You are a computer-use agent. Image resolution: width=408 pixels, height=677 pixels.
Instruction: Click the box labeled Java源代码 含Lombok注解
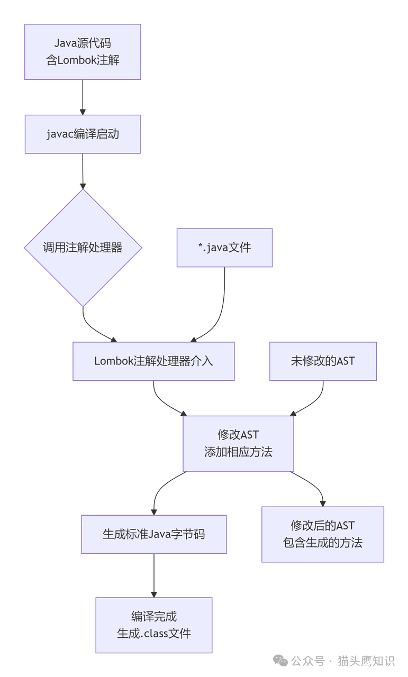83,52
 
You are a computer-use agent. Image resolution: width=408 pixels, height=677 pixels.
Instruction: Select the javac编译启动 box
83,134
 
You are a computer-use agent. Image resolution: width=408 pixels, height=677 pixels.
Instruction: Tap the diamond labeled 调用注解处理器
83,248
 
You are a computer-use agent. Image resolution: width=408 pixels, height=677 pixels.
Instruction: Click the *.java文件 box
224,248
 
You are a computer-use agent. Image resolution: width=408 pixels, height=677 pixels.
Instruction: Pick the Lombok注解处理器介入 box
153,361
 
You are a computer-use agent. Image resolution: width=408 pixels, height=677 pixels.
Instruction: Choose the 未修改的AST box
323,361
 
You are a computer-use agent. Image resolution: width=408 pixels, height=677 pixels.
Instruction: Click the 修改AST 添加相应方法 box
238,443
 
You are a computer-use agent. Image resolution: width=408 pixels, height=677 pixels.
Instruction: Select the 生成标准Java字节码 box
154,534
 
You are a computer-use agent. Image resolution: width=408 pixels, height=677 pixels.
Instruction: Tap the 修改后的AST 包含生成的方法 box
323,534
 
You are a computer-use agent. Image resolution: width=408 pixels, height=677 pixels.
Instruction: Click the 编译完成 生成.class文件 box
154,625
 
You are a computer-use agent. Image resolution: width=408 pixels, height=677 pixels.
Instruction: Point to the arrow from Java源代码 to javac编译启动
83,97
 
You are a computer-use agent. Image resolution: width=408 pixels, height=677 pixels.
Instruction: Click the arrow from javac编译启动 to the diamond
83,171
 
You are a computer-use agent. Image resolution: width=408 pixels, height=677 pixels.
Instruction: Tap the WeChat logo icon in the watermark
280,661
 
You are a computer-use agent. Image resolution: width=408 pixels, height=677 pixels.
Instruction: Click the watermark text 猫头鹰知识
366,661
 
